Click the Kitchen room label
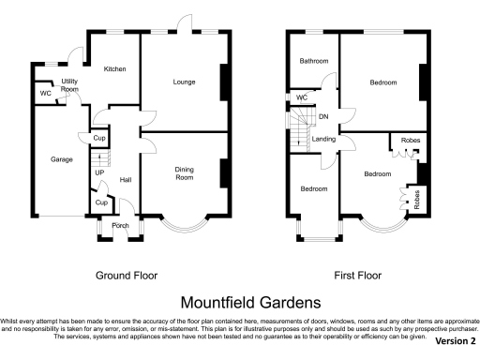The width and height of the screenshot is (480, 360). (x=115, y=69)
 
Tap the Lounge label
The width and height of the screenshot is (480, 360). (x=184, y=82)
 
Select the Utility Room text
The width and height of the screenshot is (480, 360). (x=69, y=85)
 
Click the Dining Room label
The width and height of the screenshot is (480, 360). (x=184, y=173)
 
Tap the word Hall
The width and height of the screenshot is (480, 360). (x=126, y=181)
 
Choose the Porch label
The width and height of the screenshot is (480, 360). (x=121, y=226)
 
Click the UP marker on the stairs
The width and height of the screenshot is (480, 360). (x=98, y=173)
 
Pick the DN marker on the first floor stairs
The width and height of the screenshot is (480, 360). (x=323, y=117)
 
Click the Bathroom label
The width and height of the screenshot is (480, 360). (x=313, y=62)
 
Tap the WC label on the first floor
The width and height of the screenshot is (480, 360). (x=302, y=97)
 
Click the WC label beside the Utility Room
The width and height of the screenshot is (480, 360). (x=45, y=94)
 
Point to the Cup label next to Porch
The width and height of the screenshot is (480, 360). (x=100, y=202)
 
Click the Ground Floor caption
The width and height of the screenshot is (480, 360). (x=127, y=276)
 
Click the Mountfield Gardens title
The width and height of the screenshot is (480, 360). (x=240, y=302)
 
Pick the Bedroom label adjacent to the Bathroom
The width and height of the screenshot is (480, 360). (x=383, y=82)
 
